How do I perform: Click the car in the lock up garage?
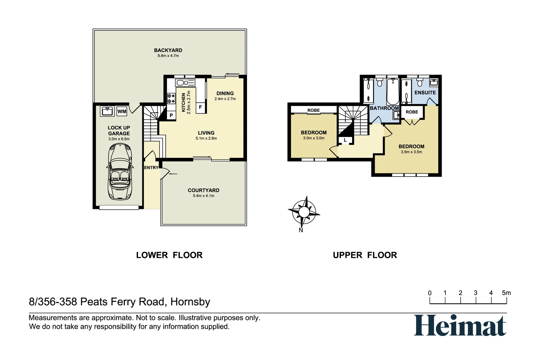[120, 172]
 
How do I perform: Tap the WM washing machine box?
[122, 111]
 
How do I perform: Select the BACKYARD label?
[168, 50]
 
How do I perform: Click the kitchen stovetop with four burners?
[171, 98]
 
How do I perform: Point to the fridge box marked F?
[200, 107]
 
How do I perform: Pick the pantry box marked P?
[171, 115]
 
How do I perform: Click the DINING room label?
[225, 93]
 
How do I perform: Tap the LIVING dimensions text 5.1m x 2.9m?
[206, 138]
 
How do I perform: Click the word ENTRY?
[151, 168]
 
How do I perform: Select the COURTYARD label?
[203, 190]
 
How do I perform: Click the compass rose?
[304, 212]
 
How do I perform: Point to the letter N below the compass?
[301, 230]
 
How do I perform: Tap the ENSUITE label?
[425, 93]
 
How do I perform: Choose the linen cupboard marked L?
[345, 140]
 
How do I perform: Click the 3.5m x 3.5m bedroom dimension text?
[411, 152]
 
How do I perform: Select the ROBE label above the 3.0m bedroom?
[313, 110]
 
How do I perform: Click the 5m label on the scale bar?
[506, 293]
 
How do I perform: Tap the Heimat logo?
[460, 325]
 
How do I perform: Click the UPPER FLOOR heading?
[365, 255]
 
